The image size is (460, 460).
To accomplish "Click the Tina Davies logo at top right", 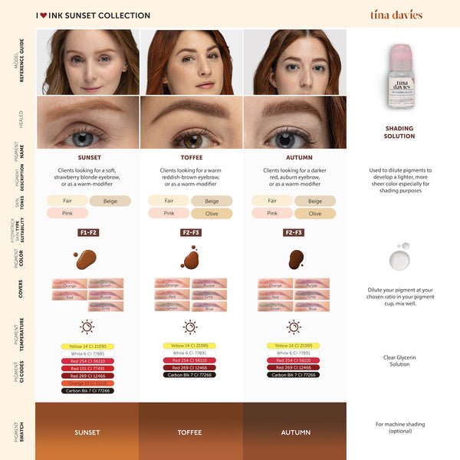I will tap(396, 15).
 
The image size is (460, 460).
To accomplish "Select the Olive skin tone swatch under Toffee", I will tap(205, 214).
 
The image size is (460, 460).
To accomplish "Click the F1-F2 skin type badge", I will tap(87, 232).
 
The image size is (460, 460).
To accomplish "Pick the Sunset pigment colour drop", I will tap(86, 259).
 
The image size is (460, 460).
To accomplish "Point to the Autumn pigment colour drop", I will tap(295, 260).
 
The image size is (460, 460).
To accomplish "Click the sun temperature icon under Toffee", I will tap(190, 327).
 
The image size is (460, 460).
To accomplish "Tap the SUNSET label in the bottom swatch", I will tap(87, 432).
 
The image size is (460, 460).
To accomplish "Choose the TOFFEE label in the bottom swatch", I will tap(190, 432).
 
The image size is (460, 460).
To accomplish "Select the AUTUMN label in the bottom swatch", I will tap(294, 432).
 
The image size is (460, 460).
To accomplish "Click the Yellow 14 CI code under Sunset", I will tap(87, 347).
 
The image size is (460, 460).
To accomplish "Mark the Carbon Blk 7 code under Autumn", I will tap(294, 375).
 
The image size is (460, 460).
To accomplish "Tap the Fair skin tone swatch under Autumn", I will tap(271, 200).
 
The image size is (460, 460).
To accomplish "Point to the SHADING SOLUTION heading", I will tap(399, 131).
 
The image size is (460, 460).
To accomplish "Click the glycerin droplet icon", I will tap(399, 258).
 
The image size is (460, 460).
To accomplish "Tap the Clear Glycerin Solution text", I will tap(399, 360).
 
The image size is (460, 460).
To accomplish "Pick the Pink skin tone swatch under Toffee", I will tap(168, 214).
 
